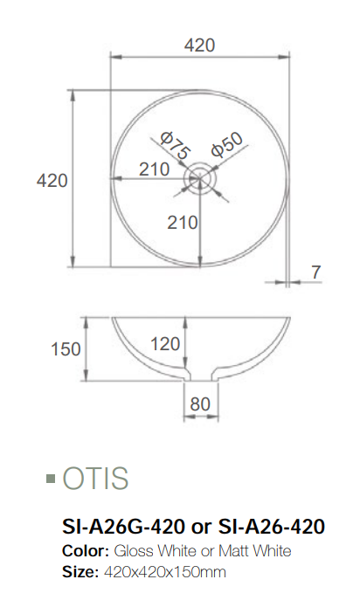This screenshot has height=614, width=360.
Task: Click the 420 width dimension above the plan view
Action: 200,45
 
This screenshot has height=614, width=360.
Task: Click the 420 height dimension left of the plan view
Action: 52,180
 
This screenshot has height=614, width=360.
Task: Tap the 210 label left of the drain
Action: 154,169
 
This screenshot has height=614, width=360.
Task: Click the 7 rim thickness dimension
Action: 315,272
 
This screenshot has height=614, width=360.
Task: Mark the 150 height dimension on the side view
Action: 66,349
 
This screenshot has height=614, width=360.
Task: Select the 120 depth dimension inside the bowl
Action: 165,343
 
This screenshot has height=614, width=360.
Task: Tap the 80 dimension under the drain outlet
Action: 200,404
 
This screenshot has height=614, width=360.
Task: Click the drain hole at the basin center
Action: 199,178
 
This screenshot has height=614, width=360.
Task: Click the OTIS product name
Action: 95,479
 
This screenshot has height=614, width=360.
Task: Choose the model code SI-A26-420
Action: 271,527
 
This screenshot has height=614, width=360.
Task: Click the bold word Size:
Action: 80,572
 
